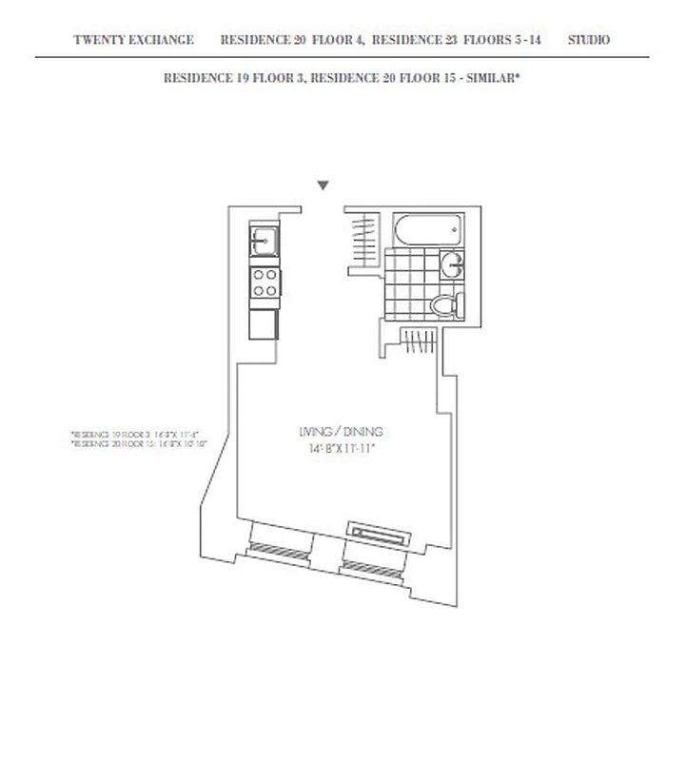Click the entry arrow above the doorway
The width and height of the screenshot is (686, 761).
[x=323, y=185]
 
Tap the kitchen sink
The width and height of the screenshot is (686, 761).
[x=265, y=241]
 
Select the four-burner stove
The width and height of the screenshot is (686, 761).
[x=265, y=282]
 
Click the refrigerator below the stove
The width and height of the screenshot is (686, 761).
[x=264, y=323]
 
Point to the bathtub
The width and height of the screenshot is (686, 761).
[x=429, y=229]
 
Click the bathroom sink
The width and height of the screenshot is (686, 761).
[x=454, y=264]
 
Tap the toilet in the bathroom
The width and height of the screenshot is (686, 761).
[x=444, y=304]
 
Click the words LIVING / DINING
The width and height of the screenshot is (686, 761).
[x=340, y=431]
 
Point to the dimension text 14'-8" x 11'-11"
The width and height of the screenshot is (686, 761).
[x=340, y=446]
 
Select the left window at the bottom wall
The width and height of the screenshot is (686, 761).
[x=279, y=549]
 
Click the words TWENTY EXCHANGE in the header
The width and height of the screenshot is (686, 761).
[x=133, y=40]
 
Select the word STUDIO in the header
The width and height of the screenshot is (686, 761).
[x=589, y=40]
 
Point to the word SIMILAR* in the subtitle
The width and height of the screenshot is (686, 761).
[x=491, y=78]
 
